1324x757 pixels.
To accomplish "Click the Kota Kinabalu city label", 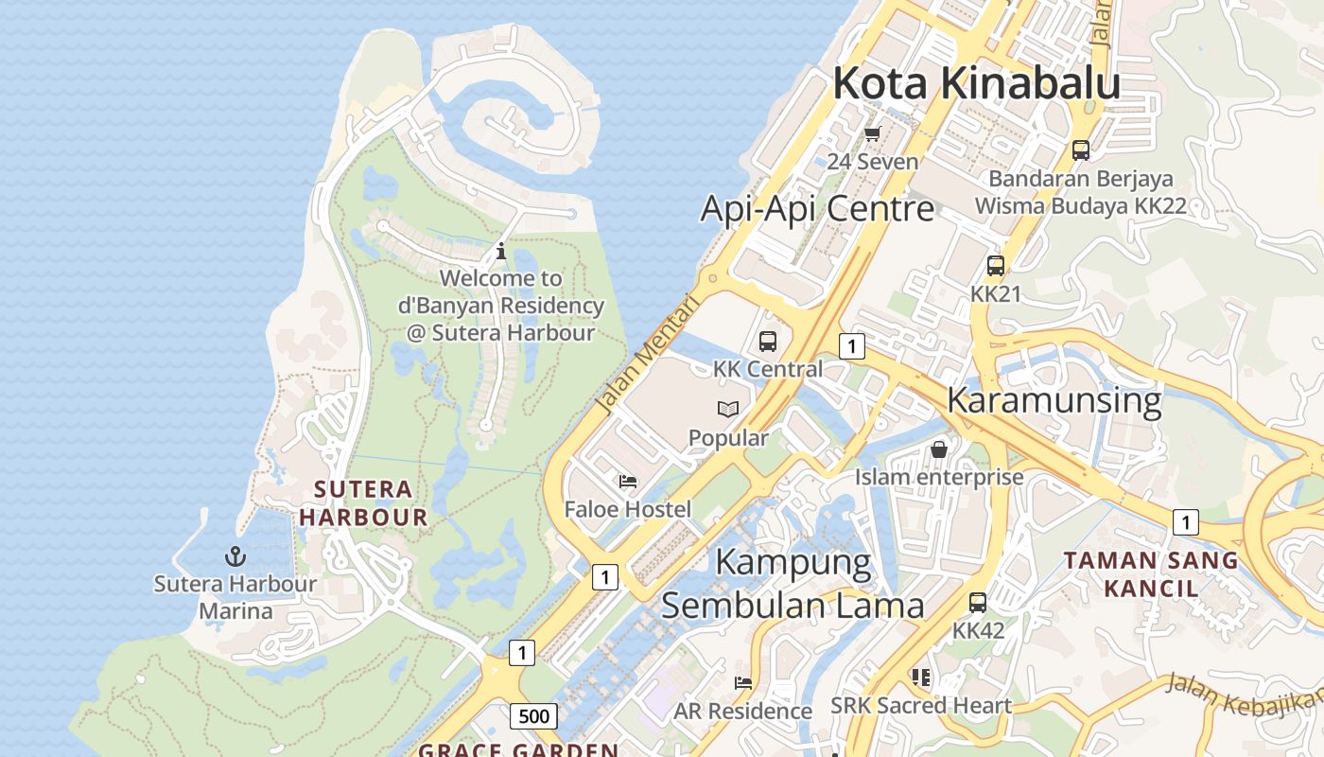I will pyautogui.click(x=976, y=83).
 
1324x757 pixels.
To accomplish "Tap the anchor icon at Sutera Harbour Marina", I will pyautogui.click(x=235, y=556).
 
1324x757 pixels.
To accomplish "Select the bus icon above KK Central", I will pyautogui.click(x=768, y=342).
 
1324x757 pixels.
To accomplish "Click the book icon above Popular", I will pyautogui.click(x=728, y=409).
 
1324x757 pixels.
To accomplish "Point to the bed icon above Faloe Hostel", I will pyautogui.click(x=628, y=482).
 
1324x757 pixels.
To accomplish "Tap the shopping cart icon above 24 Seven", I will pyautogui.click(x=872, y=133).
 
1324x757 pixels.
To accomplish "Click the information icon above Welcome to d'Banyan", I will pyautogui.click(x=501, y=251).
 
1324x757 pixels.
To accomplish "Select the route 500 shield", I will pyautogui.click(x=533, y=716).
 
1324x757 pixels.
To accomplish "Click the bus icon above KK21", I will pyautogui.click(x=996, y=266).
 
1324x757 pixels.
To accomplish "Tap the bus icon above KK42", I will pyautogui.click(x=978, y=602).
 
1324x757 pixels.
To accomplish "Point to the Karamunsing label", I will pyautogui.click(x=1054, y=400).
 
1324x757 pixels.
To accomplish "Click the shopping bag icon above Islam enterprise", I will pyautogui.click(x=939, y=449).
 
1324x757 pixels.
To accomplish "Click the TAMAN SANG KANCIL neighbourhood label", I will pyautogui.click(x=1150, y=573).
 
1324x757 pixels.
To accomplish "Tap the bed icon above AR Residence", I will pyautogui.click(x=743, y=682).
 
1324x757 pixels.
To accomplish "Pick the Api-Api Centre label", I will pyautogui.click(x=817, y=209).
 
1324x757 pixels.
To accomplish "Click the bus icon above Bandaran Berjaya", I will pyautogui.click(x=1080, y=150).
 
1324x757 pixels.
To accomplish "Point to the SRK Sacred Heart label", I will pyautogui.click(x=921, y=706).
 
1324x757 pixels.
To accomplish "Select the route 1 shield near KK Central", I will pyautogui.click(x=852, y=346).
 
